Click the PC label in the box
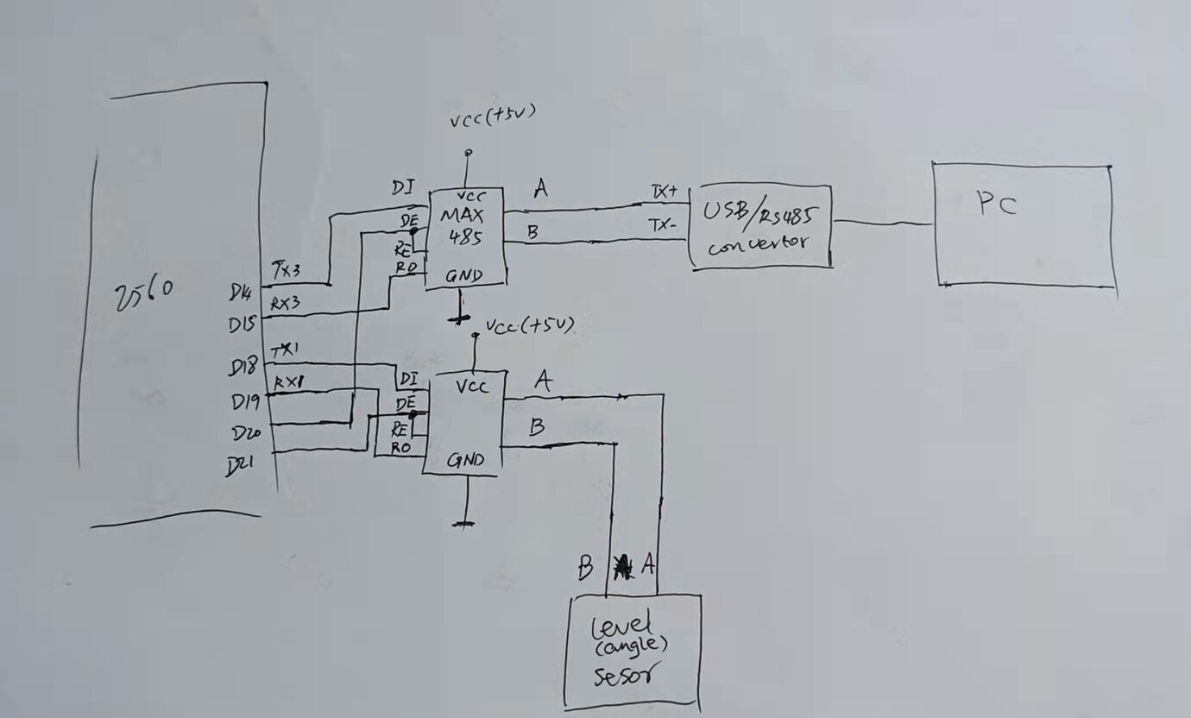[997, 205]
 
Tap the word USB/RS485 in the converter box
[760, 211]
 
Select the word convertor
[759, 243]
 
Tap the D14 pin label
[241, 293]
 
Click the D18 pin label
[243, 368]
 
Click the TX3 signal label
[287, 268]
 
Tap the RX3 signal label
[286, 304]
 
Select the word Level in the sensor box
[621, 624]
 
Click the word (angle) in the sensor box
[629, 645]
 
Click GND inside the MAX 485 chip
[463, 277]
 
